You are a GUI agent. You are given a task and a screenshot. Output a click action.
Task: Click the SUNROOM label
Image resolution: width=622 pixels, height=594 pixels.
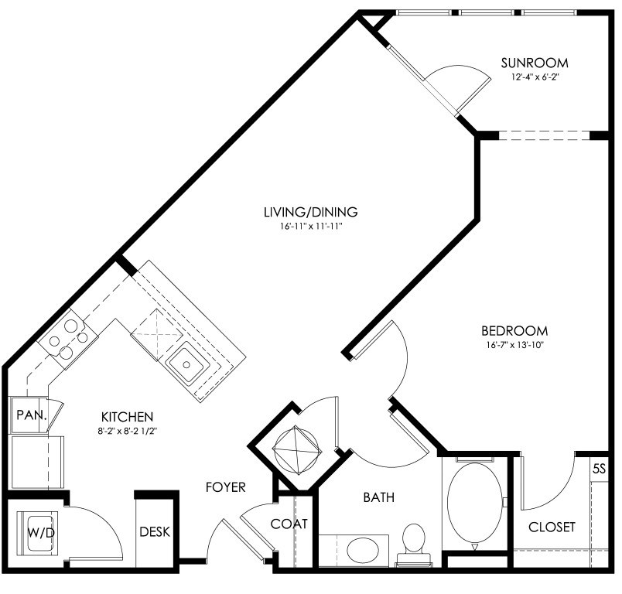tap(535, 63)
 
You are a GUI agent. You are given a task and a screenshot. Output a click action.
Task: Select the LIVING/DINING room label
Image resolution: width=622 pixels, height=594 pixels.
tap(310, 212)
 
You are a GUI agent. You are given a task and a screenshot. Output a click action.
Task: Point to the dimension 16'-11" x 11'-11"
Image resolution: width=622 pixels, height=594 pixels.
tap(310, 227)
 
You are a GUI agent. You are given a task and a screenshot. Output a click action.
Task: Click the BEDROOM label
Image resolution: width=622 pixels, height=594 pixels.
tap(514, 330)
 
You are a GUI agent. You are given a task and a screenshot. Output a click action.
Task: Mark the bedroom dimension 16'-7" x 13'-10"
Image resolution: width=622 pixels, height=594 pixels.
tap(514, 345)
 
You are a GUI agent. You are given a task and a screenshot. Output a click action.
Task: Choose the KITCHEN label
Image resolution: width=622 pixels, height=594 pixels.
tap(128, 417)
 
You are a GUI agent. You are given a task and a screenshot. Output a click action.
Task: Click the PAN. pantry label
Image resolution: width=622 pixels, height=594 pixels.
tap(32, 415)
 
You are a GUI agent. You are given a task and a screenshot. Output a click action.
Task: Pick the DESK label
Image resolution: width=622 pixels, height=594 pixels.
tap(155, 531)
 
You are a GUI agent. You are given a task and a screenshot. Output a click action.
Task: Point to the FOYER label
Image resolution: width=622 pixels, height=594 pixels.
tap(226, 486)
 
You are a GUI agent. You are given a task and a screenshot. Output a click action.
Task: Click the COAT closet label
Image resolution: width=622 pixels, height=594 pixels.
tap(289, 524)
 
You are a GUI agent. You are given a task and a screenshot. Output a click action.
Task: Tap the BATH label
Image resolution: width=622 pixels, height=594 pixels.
tap(379, 497)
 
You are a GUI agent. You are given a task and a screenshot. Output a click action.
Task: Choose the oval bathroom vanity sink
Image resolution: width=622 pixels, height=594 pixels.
tap(363, 551)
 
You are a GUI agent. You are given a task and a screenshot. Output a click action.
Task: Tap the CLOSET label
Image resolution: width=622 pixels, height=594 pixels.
tap(552, 527)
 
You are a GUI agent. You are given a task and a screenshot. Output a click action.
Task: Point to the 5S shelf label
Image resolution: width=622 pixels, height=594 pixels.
tap(599, 469)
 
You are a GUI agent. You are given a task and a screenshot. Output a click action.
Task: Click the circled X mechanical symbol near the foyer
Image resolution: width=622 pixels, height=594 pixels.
tap(296, 449)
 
